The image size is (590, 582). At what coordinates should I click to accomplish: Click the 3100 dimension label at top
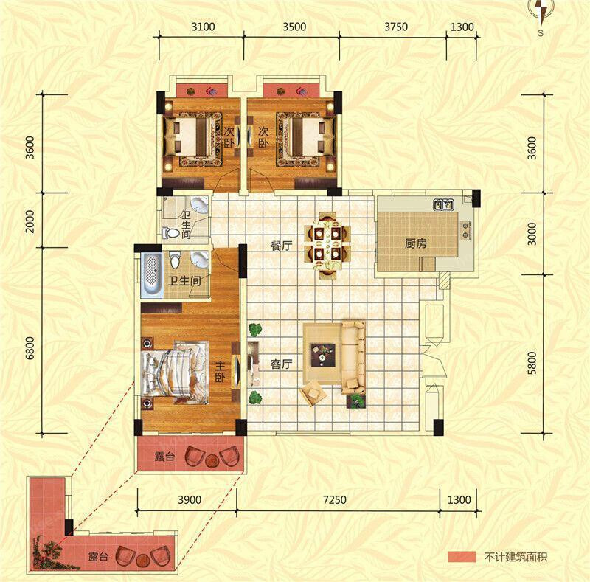204,27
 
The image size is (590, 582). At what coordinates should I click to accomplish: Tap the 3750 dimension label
396,27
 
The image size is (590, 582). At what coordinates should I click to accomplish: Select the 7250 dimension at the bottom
335,500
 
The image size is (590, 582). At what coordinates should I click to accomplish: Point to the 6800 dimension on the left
29,348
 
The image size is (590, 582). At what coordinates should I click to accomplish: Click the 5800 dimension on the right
532,363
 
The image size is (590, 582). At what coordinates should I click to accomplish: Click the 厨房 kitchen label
416,243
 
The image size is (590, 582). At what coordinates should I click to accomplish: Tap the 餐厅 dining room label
282,246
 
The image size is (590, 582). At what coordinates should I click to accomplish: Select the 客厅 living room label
282,364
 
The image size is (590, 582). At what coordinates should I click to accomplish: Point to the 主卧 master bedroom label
221,373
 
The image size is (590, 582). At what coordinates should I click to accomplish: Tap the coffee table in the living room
322,354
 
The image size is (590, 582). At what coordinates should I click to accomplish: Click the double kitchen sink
444,204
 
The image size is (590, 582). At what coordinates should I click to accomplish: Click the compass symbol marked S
541,15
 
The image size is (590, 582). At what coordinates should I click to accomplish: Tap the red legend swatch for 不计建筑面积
462,557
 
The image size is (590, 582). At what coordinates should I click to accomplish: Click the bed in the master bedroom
175,373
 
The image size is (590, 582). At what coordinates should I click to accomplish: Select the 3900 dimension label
190,500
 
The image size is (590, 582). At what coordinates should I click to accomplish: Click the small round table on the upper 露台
212,460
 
